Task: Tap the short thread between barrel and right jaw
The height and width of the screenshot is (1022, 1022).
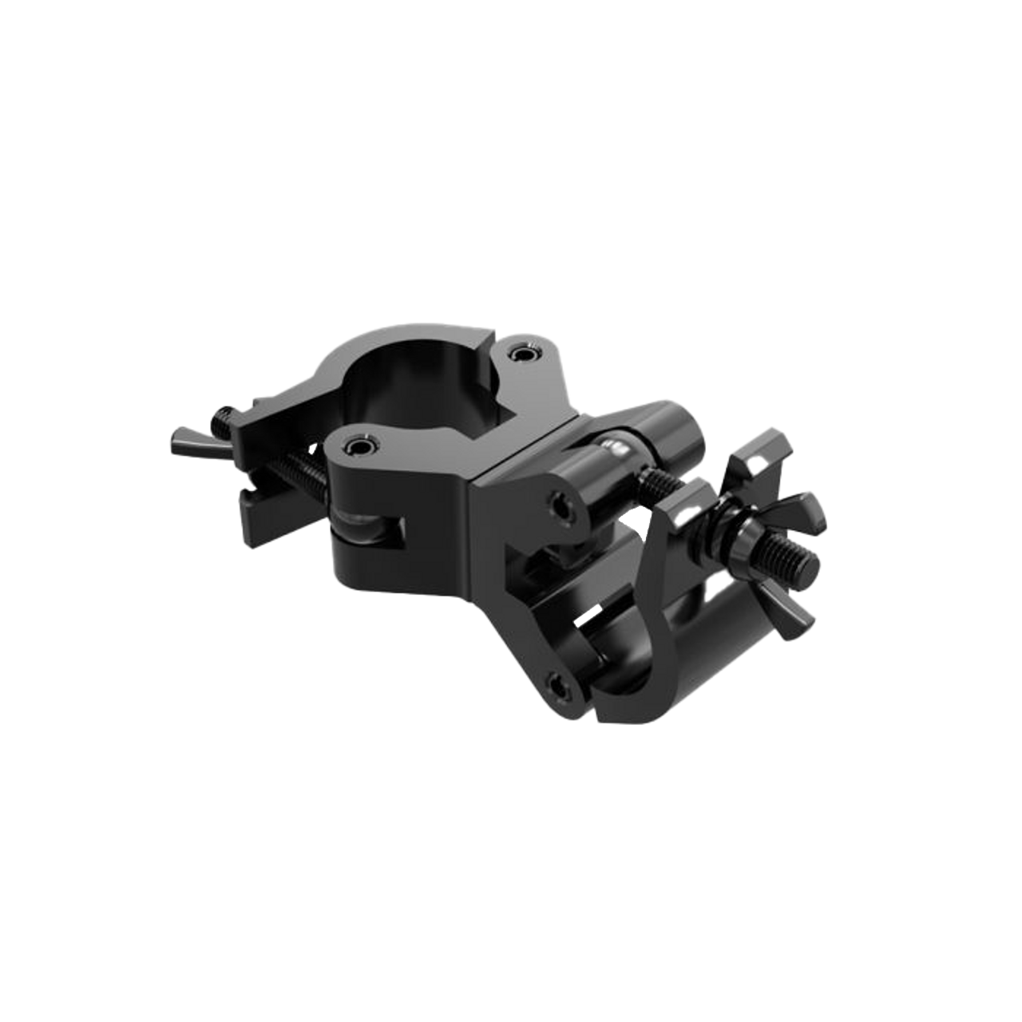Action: (658, 482)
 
